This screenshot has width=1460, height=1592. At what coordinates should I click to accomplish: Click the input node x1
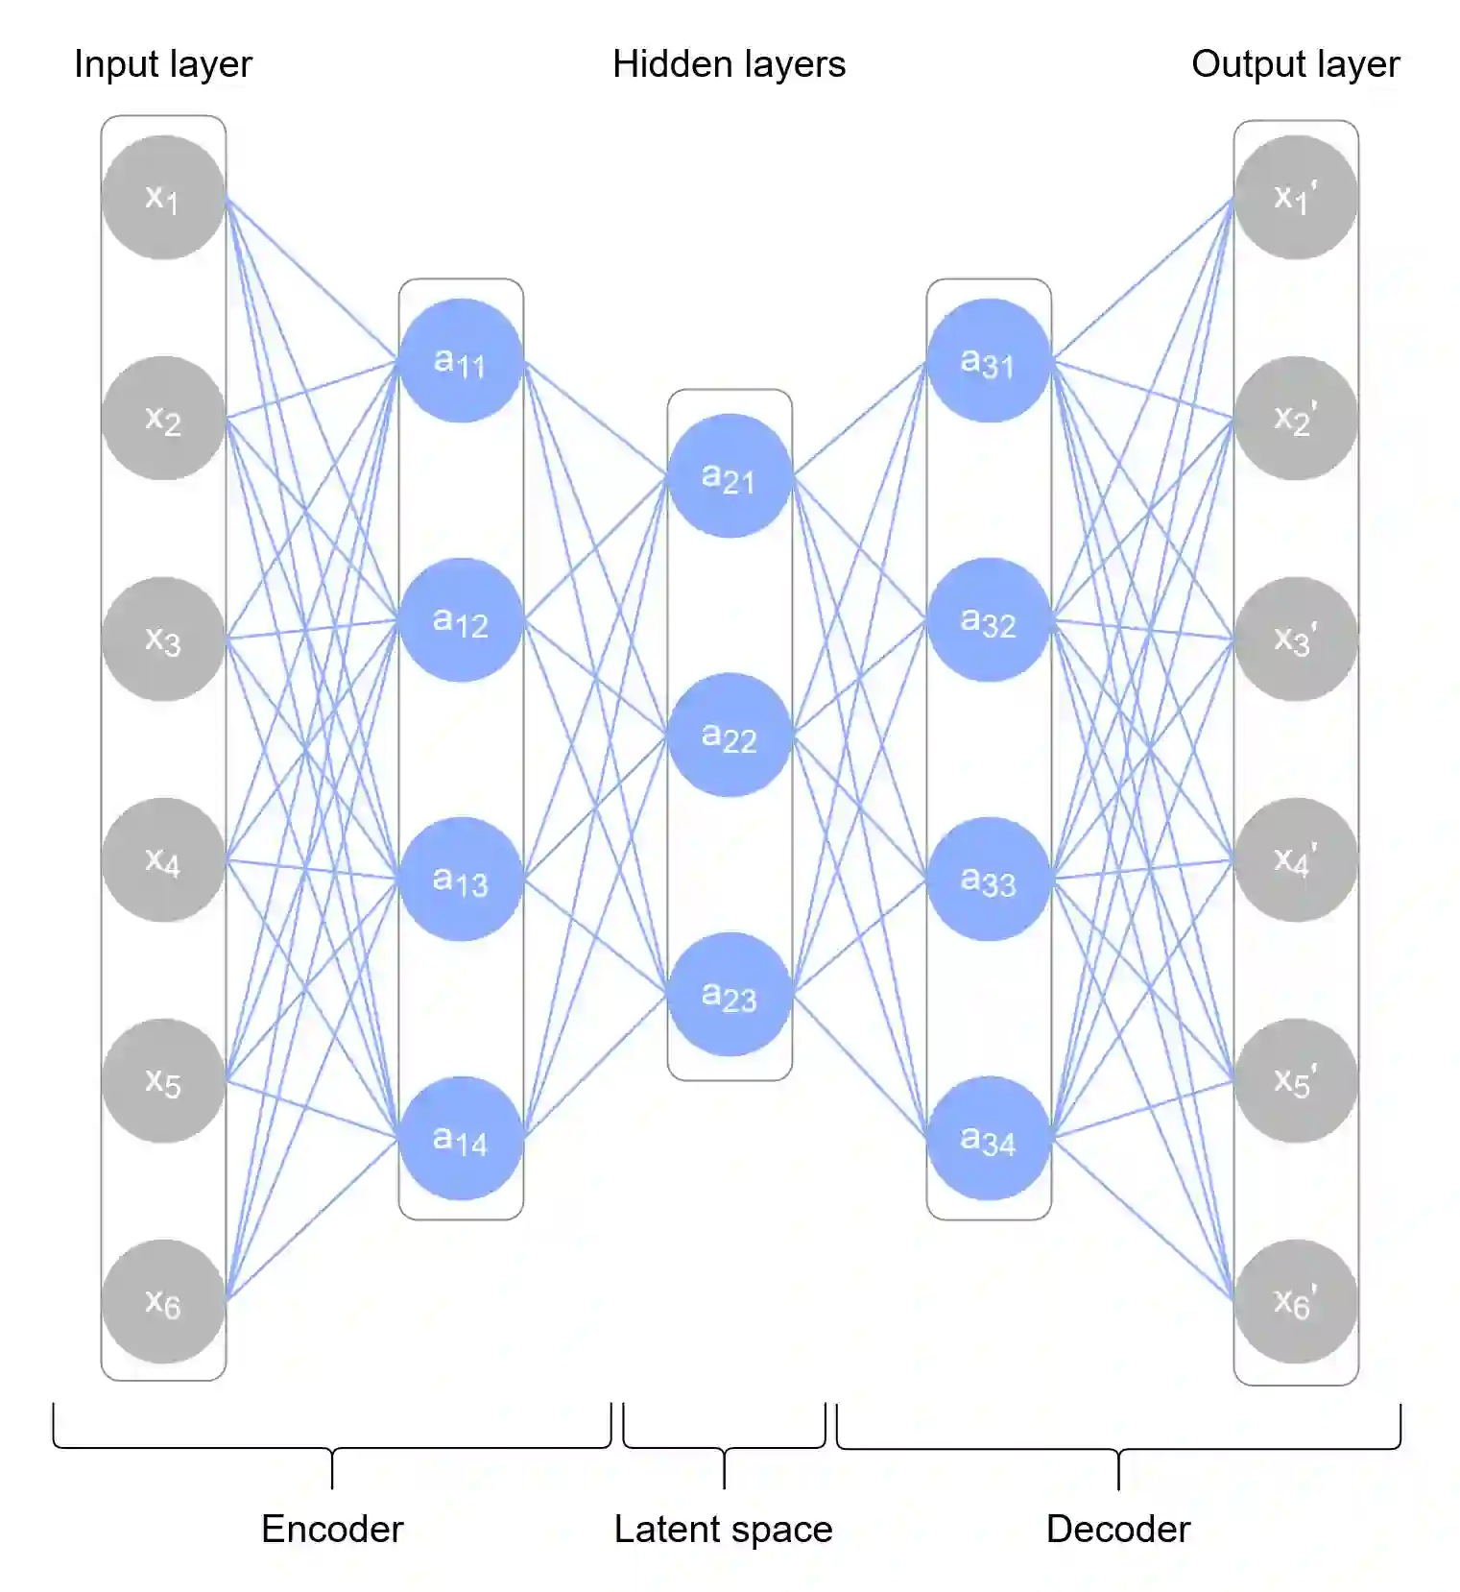click(163, 198)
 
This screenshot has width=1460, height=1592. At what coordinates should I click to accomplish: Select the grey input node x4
click(163, 860)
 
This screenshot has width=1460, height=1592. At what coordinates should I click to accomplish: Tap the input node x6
click(163, 1302)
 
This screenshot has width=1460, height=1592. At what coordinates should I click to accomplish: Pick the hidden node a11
click(461, 361)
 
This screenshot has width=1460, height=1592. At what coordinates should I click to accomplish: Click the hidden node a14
click(461, 1139)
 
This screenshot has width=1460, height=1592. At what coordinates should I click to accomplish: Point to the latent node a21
click(730, 476)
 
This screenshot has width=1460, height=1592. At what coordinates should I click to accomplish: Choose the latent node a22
click(730, 736)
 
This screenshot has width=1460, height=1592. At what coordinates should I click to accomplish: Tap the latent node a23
click(730, 995)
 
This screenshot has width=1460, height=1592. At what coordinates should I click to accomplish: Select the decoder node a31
click(989, 361)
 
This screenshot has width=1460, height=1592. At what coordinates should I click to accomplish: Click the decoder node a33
click(989, 880)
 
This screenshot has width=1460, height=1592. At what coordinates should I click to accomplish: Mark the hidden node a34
click(989, 1139)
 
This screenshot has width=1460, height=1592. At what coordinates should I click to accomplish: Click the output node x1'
click(1296, 198)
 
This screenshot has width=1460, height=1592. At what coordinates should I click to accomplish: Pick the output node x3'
click(1296, 639)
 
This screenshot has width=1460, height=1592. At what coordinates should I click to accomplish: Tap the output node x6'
click(1296, 1302)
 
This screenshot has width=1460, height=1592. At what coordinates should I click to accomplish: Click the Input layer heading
click(163, 64)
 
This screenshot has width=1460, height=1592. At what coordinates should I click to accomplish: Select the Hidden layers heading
click(730, 64)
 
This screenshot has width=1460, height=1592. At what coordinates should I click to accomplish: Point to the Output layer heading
click(1296, 64)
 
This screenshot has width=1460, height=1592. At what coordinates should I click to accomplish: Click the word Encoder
click(332, 1529)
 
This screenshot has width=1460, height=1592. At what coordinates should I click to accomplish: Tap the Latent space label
click(724, 1529)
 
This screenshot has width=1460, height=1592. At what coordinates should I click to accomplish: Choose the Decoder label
click(1118, 1529)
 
